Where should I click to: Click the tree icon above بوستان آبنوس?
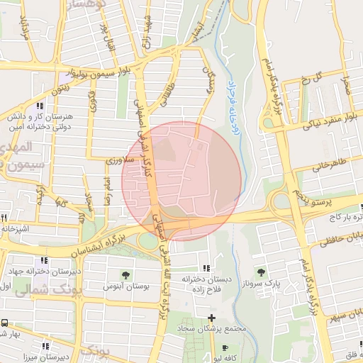point(126,274)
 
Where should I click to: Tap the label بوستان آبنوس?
point(125,286)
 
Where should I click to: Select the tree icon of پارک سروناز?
point(262,271)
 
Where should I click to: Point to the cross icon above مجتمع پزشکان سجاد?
point(211,317)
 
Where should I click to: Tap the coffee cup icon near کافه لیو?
point(225,348)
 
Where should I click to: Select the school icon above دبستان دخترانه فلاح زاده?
point(206,267)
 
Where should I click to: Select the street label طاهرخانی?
point(330,164)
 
